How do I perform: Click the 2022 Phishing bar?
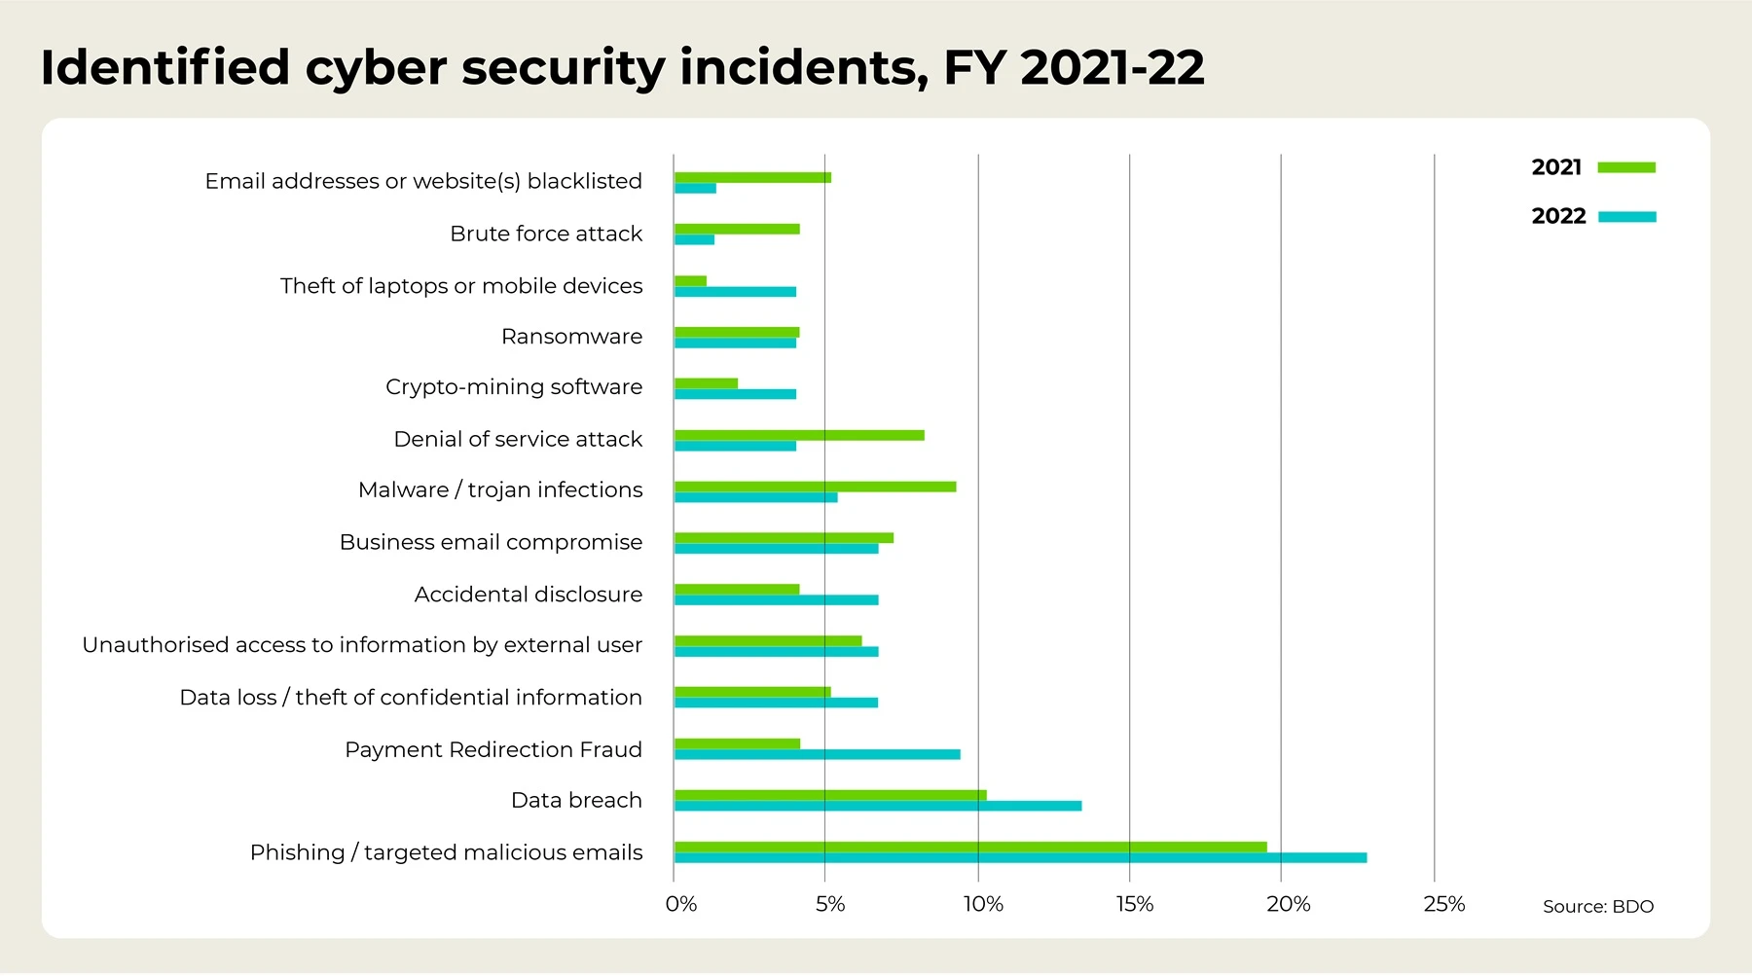[x=1020, y=858]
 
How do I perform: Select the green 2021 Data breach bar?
[x=830, y=795]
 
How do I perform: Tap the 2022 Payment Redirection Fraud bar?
[x=817, y=755]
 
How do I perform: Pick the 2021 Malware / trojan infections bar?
[x=815, y=487]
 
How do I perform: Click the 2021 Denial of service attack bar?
[x=799, y=435]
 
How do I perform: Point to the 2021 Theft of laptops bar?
[x=690, y=281]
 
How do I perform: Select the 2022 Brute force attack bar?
[x=694, y=239]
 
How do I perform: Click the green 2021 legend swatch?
[x=1626, y=167]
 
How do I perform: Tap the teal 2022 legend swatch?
[x=1626, y=217]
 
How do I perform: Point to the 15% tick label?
[x=1134, y=905]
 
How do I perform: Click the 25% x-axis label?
[x=1443, y=905]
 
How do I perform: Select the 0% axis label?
[x=680, y=905]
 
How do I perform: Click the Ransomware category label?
[x=571, y=337]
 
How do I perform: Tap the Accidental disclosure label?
[x=528, y=595]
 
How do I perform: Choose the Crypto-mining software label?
[x=513, y=387]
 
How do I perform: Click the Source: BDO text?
[x=1597, y=907]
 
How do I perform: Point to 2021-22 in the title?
[x=1112, y=68]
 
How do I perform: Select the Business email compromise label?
[x=491, y=542]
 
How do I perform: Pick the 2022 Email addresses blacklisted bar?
[x=695, y=188]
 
